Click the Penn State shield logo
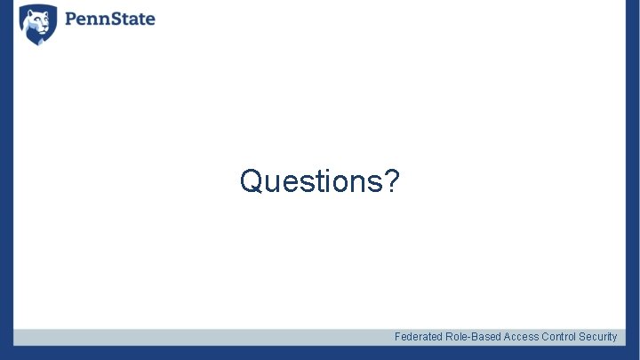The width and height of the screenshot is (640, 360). (38, 24)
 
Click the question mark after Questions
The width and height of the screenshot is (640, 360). (392, 181)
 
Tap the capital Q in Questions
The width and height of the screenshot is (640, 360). (252, 181)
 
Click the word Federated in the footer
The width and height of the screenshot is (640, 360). (416, 337)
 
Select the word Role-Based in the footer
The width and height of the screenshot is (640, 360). (471, 337)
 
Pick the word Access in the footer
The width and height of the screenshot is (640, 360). (521, 337)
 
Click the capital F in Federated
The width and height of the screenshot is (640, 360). (397, 337)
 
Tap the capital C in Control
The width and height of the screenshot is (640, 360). (545, 337)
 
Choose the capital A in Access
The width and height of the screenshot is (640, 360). (508, 337)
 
